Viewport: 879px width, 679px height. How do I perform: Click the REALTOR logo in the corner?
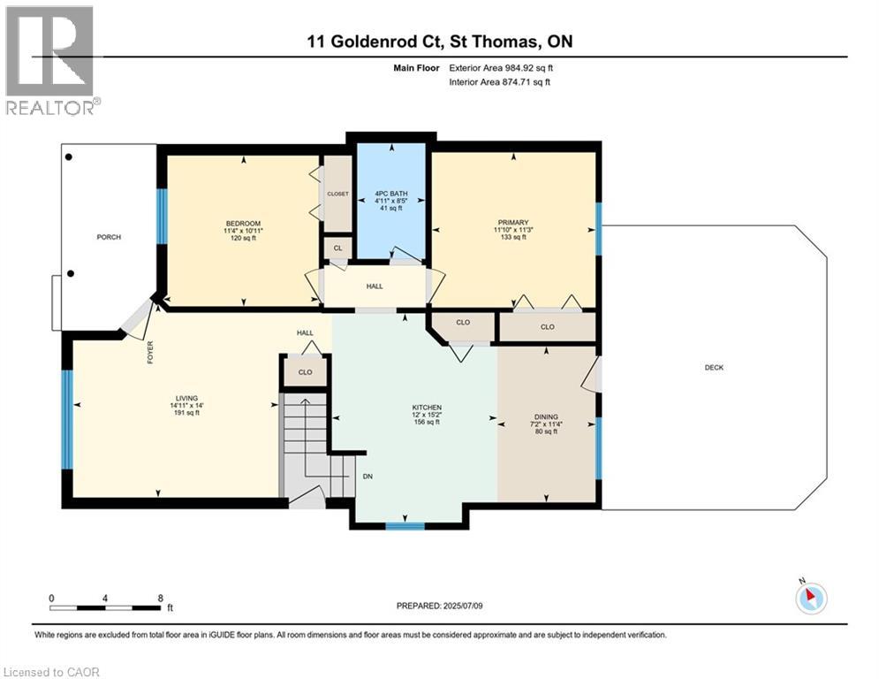click(51, 60)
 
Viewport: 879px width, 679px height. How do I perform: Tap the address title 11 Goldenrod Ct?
click(439, 42)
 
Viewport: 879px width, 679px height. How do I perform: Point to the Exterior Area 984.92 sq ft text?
click(501, 67)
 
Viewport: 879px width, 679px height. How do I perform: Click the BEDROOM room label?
click(243, 224)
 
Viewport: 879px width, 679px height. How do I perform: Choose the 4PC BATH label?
click(390, 193)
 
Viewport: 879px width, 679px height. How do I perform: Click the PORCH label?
click(109, 237)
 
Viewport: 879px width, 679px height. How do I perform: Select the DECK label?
click(714, 368)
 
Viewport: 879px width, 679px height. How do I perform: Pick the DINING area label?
click(545, 416)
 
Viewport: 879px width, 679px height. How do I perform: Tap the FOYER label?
click(151, 354)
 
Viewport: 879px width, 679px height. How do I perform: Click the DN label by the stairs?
click(368, 477)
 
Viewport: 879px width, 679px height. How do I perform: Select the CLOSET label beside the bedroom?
click(337, 194)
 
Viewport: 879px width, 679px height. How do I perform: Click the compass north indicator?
click(809, 597)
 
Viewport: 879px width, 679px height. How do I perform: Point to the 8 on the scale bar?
click(159, 598)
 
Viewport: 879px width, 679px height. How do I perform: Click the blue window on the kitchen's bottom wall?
click(405, 526)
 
